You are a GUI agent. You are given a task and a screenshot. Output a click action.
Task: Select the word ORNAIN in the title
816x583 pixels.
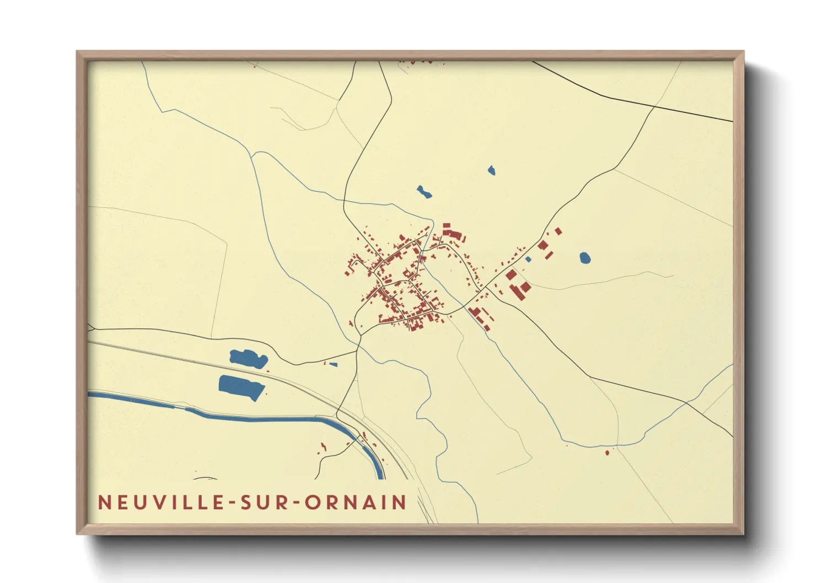coord(356,503)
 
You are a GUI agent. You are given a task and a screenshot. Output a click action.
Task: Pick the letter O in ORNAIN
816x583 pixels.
coord(313,503)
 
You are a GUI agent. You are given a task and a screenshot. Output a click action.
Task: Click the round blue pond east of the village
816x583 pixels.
coord(585,257)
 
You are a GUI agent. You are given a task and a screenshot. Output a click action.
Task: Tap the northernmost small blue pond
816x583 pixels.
coord(491,170)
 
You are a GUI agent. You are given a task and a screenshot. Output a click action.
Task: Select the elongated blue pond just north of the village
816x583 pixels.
coord(423,192)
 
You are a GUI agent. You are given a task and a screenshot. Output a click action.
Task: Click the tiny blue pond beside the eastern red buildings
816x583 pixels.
coord(528,259)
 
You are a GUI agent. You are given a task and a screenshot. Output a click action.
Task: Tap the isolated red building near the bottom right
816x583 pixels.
coord(607,452)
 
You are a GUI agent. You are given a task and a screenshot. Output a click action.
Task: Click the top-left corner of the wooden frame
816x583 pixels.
coord(78,52)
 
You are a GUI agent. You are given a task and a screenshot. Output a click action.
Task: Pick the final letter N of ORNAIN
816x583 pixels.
coord(400,503)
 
